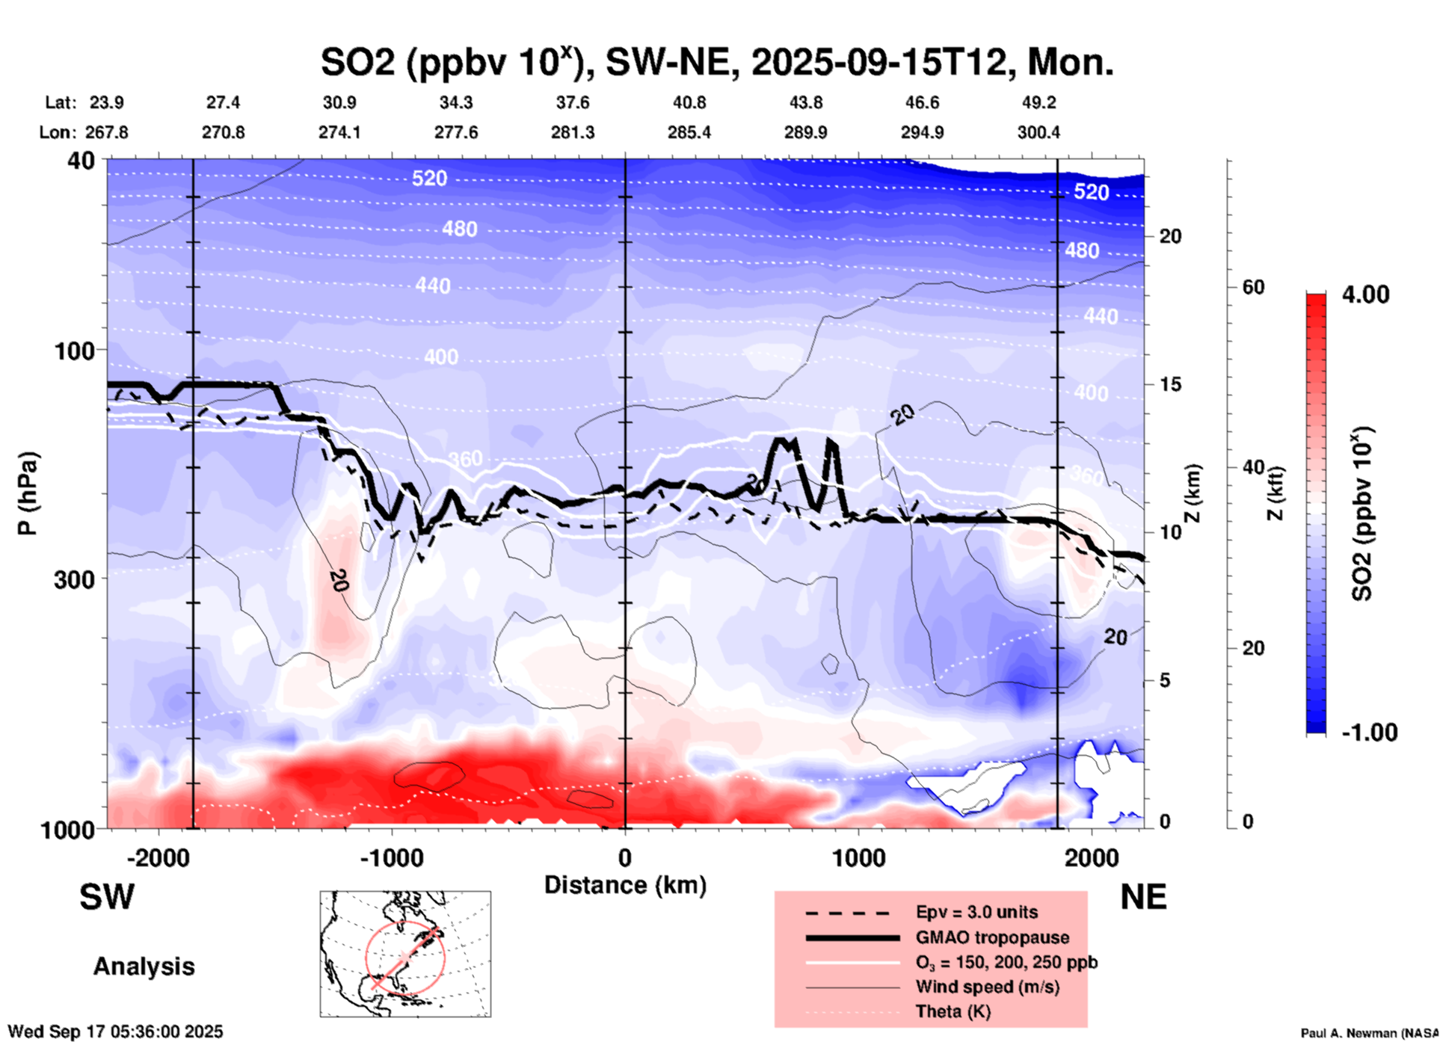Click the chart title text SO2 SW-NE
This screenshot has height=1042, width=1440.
716,62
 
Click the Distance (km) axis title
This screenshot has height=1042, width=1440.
625,885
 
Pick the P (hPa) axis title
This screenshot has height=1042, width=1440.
28,493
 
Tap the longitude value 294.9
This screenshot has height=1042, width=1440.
922,132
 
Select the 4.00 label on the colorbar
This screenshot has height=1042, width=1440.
1365,295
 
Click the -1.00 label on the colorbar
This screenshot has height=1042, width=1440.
1369,733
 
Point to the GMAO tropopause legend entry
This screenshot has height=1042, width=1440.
992,937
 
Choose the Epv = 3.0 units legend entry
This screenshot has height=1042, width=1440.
976,912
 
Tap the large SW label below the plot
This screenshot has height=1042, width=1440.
107,897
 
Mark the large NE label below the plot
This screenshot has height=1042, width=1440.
1143,897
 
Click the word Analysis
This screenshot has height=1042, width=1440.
144,967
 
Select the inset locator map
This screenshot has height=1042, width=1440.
405,954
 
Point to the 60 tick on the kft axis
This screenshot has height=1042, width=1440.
1252,288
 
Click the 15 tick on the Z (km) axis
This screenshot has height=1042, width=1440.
1169,384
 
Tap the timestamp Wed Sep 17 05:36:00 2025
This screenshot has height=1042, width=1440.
115,1032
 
